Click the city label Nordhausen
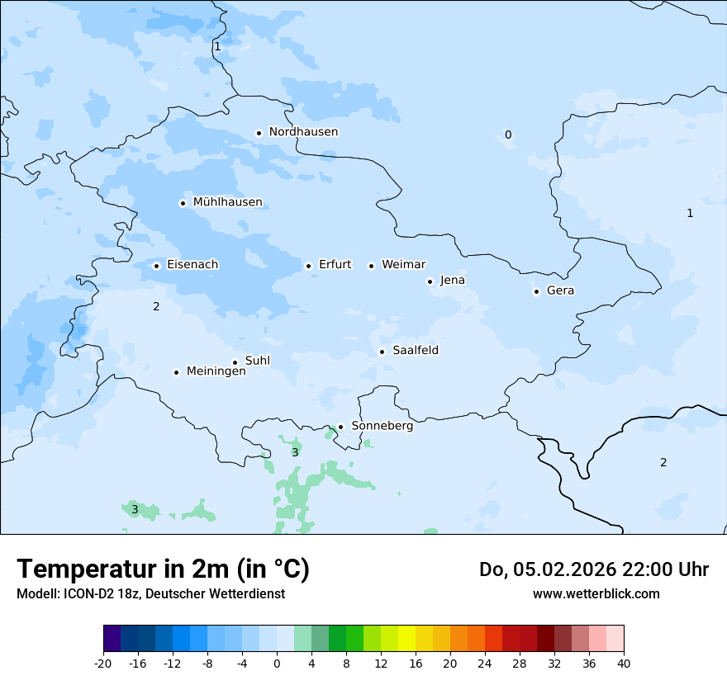303,132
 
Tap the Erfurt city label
335,265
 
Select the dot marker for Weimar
371,266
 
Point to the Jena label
452,281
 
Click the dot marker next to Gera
536,291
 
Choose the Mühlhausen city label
227,202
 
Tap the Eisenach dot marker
156,266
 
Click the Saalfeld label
415,351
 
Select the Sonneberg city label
382,426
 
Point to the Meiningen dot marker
176,372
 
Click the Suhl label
258,361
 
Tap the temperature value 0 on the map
508,135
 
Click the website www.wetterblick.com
596,593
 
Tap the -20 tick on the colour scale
103,663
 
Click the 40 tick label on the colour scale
624,663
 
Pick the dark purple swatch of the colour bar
112,639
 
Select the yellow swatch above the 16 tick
406,639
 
